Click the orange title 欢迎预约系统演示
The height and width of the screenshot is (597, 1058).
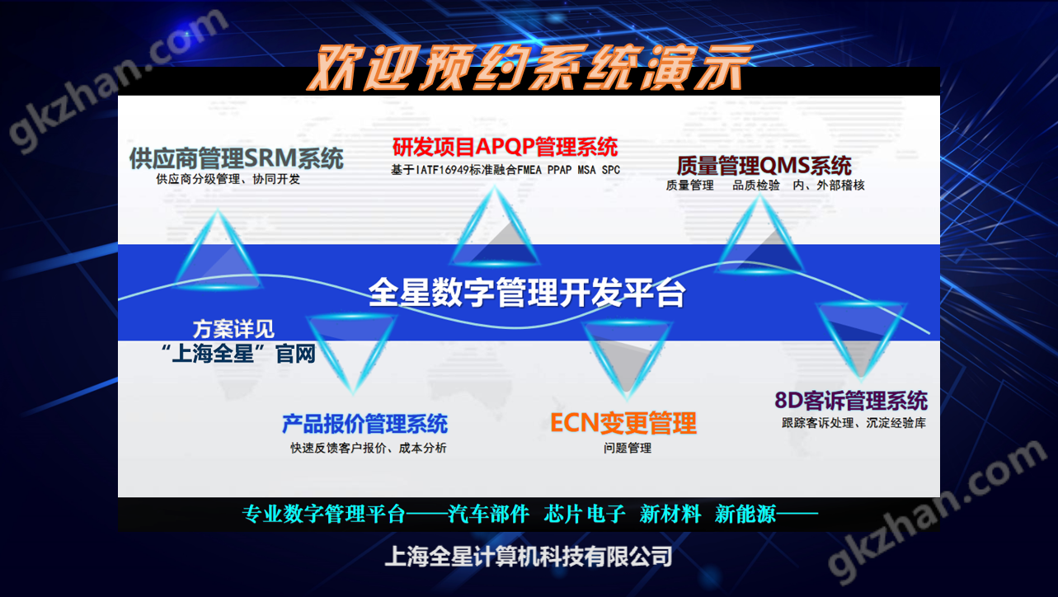[x=529, y=66]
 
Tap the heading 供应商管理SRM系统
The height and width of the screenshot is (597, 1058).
[x=236, y=157]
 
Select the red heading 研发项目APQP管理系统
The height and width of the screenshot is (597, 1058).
[x=505, y=148]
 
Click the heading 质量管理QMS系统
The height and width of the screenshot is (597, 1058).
[x=764, y=165]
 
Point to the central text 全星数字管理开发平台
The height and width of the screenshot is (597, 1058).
[x=527, y=292]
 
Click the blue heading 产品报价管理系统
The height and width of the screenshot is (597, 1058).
[x=364, y=424]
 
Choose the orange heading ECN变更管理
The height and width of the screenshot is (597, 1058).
[x=623, y=423]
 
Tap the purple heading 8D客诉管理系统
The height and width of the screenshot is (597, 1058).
[x=851, y=402]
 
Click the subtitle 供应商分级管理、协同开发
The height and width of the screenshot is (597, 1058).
[x=228, y=178]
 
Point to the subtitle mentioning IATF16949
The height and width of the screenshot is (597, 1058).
[x=505, y=170]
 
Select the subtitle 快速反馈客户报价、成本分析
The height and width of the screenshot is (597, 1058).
[x=368, y=448]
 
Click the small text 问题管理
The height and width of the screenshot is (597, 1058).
[x=627, y=448]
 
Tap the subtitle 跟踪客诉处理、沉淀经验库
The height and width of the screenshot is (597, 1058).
[x=853, y=423]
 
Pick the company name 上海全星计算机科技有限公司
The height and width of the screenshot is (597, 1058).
[x=529, y=557]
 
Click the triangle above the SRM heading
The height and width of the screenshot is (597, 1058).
[x=219, y=251]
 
